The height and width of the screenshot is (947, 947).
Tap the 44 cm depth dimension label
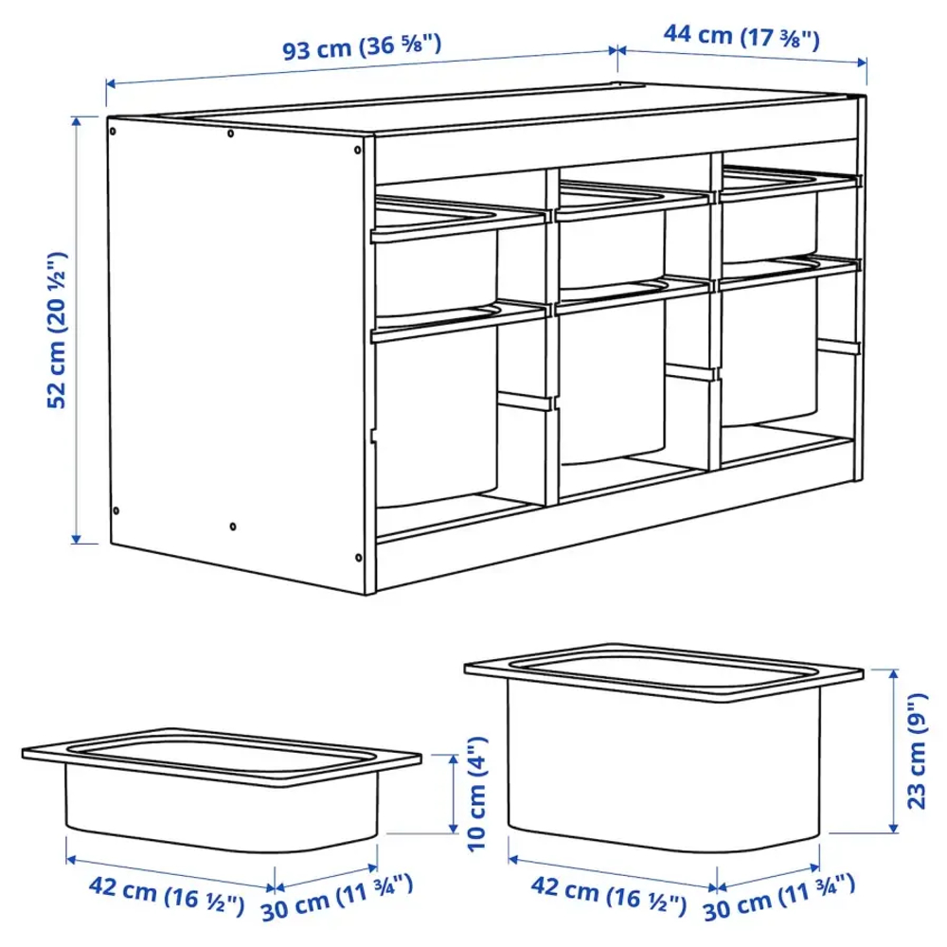pos(742,37)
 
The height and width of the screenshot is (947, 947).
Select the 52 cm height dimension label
pos(59,329)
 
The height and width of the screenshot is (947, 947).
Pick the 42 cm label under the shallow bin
pos(167,893)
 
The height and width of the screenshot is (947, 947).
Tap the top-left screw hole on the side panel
pos(113,124)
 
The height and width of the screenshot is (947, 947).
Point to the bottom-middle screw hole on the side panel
pos(233,524)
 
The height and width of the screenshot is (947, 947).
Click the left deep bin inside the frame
pos(436,417)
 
